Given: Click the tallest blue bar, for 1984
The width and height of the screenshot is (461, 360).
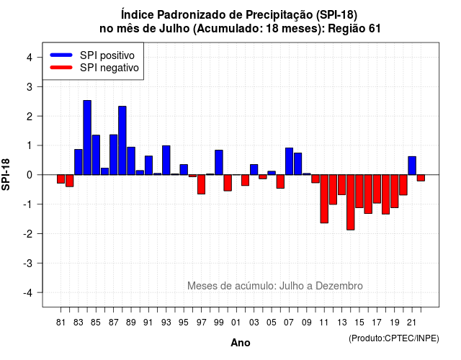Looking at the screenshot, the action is [87, 138].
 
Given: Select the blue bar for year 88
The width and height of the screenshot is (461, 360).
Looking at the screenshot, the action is [122, 140].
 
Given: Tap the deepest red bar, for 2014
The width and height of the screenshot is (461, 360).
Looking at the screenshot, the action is [351, 202].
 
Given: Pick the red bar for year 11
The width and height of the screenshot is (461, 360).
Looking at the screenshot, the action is [324, 199].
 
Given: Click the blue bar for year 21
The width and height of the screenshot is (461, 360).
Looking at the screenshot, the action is [412, 166].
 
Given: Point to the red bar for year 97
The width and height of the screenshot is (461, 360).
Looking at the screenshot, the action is [202, 184].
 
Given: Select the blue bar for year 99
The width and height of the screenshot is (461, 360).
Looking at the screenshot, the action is [219, 163].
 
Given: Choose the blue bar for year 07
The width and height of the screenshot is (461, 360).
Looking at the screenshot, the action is [289, 161].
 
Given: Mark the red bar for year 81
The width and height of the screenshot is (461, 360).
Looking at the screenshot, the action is [61, 179].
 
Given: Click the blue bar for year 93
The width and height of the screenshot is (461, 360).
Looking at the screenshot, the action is [166, 160].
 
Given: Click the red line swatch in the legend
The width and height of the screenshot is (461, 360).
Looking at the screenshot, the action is [61, 67].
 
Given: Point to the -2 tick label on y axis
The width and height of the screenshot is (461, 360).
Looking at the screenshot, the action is [29, 233].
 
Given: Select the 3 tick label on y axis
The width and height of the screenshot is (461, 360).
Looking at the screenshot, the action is [30, 86].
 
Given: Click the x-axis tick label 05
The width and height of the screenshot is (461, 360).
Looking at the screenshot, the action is [272, 323].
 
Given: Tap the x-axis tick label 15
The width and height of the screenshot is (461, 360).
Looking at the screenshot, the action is [359, 323].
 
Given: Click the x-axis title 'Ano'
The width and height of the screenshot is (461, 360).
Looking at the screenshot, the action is [241, 343].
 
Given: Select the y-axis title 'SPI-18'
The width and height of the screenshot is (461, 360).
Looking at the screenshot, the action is [6, 174].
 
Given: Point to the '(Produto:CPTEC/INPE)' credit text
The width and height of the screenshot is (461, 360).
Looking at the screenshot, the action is [394, 338].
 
